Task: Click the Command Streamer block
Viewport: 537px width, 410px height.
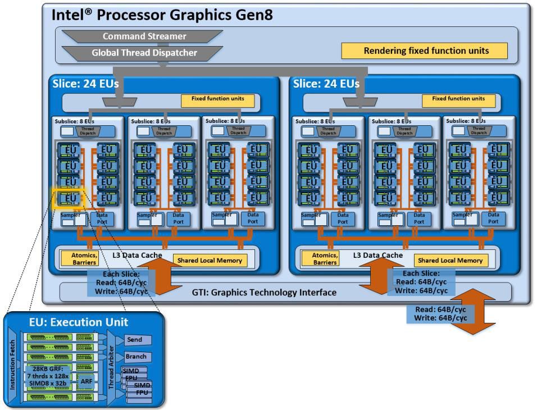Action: click(x=144, y=36)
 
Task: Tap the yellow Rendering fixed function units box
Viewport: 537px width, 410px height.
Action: click(x=426, y=51)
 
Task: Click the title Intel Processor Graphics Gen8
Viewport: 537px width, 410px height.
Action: click(x=162, y=15)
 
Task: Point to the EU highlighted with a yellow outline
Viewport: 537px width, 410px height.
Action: click(x=67, y=198)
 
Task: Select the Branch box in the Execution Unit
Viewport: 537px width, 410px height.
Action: click(x=137, y=357)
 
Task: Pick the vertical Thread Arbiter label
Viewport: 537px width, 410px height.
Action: click(x=111, y=368)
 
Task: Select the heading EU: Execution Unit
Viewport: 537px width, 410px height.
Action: click(x=79, y=322)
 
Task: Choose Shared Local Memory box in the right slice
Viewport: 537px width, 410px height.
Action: click(x=450, y=260)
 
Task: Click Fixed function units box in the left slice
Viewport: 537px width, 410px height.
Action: click(x=217, y=101)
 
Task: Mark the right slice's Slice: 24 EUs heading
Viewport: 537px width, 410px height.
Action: click(x=326, y=84)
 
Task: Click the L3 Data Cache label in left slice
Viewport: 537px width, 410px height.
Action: click(x=136, y=256)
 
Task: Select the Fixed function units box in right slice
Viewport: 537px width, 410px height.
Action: click(x=458, y=101)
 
